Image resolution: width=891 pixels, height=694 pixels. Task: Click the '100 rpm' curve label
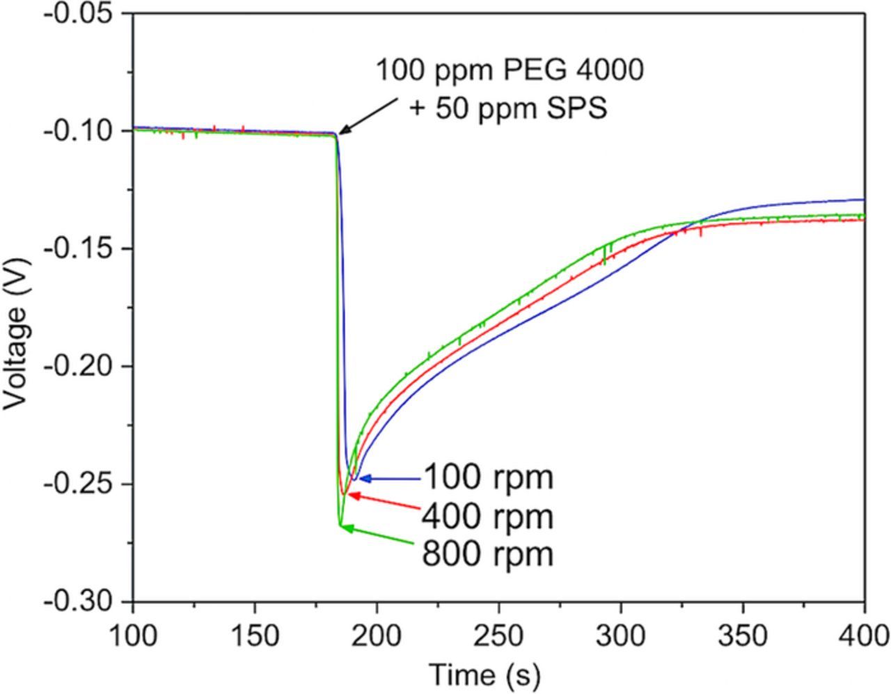click(x=487, y=478)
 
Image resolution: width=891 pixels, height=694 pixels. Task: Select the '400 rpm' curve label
click(x=487, y=516)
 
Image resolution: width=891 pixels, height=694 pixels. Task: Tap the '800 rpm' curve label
click(x=487, y=555)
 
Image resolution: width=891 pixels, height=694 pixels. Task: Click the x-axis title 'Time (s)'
click(x=484, y=675)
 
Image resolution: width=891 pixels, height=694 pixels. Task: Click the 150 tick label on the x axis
click(x=255, y=636)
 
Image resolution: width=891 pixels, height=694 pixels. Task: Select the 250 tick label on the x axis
click(x=498, y=636)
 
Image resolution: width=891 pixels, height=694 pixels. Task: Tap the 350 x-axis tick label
click(x=743, y=636)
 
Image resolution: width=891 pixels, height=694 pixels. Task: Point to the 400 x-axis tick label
click(x=863, y=636)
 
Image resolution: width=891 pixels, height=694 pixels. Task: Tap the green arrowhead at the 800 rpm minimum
click(x=345, y=528)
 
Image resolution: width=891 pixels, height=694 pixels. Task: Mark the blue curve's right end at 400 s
click(x=863, y=200)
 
